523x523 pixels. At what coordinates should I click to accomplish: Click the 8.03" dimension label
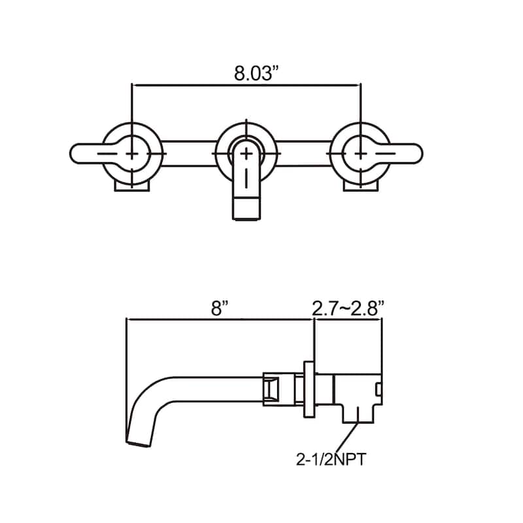coord(256,73)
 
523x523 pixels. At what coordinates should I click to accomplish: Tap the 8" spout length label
coord(220,308)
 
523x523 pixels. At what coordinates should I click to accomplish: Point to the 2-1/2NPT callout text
coord(331,460)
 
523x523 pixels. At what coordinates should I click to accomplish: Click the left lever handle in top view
coord(88,154)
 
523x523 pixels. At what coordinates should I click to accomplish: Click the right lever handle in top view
coord(405,154)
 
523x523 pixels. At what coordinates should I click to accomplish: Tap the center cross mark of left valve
coord(132,154)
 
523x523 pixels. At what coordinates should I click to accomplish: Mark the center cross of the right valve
coord(361,154)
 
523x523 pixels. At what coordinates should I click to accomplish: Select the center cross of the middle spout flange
coord(246,154)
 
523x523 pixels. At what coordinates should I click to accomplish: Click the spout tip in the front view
coord(246,209)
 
